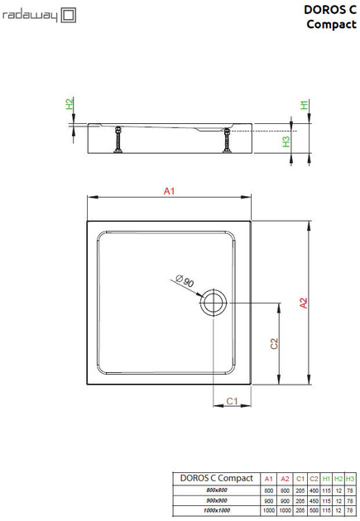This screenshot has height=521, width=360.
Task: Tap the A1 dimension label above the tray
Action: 169,191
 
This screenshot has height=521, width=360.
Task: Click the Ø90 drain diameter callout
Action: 185,281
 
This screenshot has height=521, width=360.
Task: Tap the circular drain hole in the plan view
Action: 214,303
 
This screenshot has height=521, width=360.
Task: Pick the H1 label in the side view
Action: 304,105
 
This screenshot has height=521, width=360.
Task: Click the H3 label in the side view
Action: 286,141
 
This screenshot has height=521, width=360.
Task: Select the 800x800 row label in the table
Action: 218,491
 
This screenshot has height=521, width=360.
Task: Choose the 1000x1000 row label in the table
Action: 218,511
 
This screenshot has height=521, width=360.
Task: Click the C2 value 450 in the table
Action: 314,501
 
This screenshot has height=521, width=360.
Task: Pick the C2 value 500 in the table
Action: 314,511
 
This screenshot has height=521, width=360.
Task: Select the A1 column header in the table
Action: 267,479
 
